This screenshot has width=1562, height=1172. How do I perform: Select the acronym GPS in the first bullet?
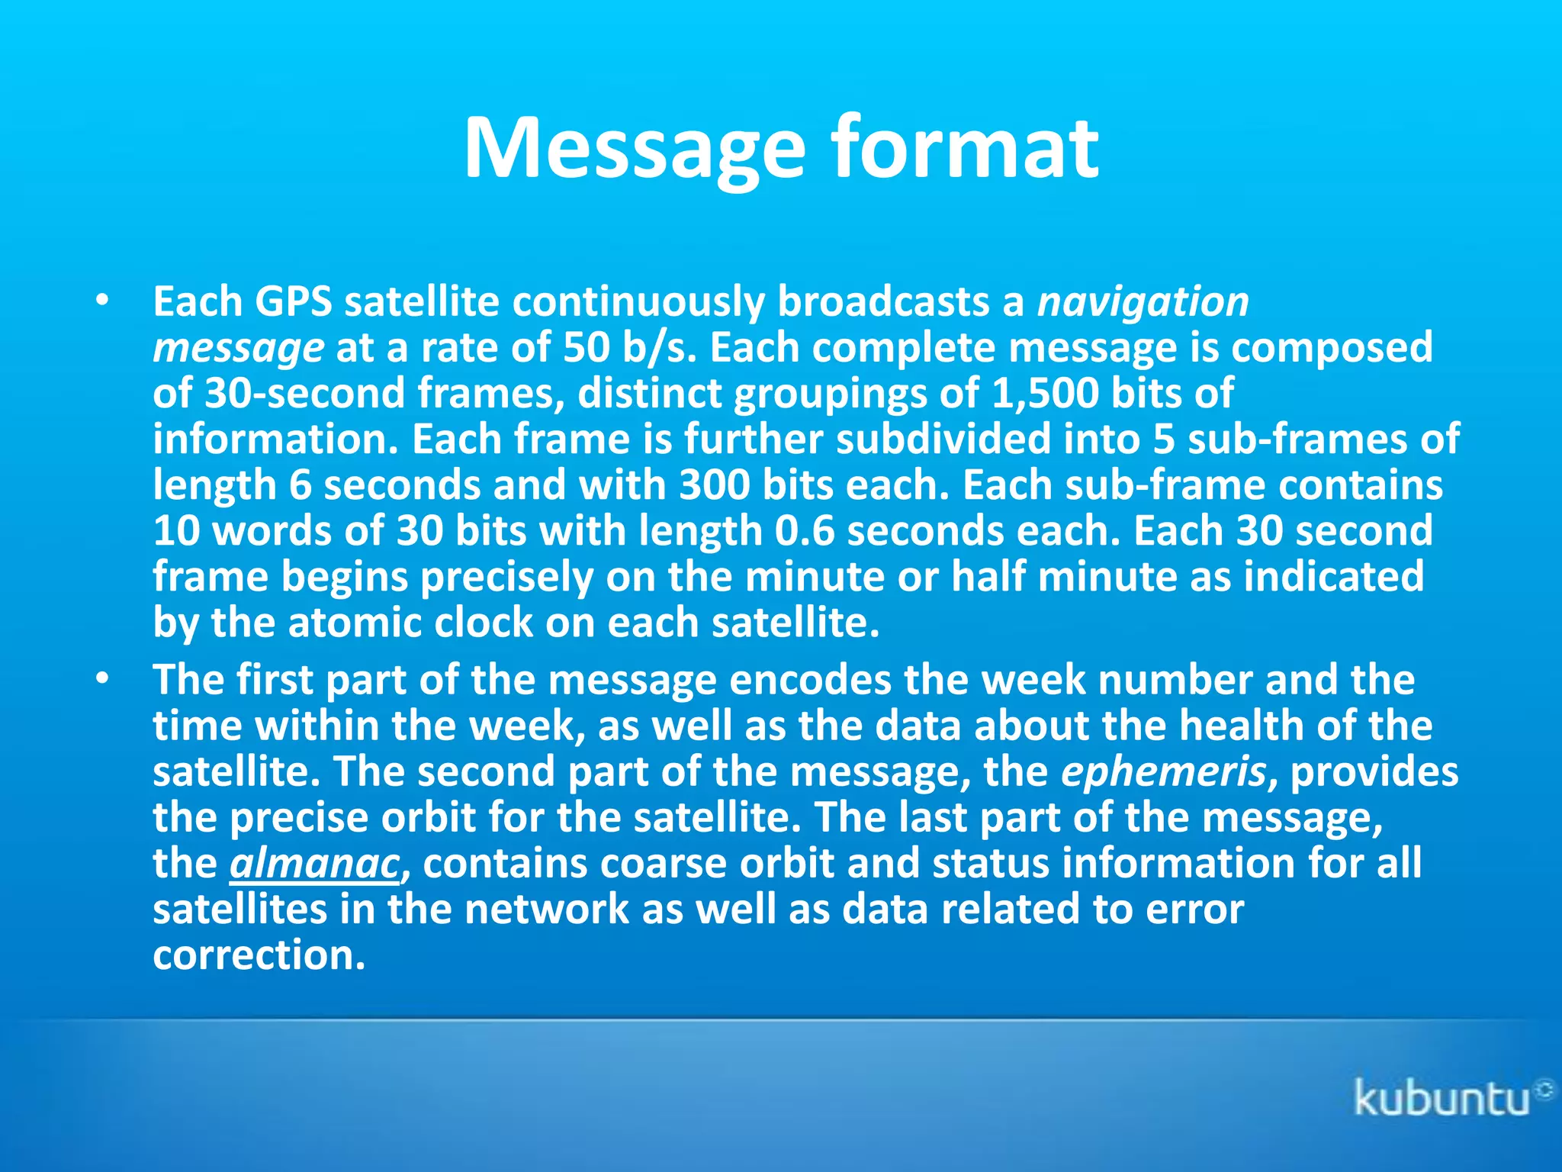pos(293,301)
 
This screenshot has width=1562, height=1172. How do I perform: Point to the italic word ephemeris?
pos(1164,771)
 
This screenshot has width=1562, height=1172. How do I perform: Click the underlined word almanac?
pos(314,864)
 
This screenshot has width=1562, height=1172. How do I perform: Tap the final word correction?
pos(259,955)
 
